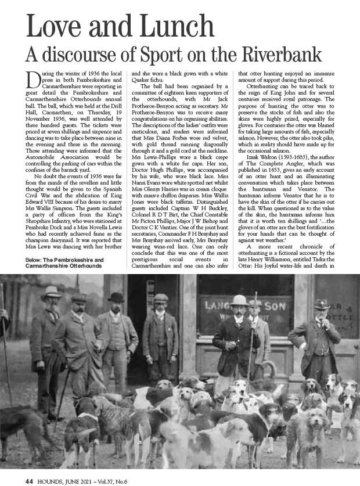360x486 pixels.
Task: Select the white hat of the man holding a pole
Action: (x=239, y=300)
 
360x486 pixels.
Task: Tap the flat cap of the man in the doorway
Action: (x=161, y=298)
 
